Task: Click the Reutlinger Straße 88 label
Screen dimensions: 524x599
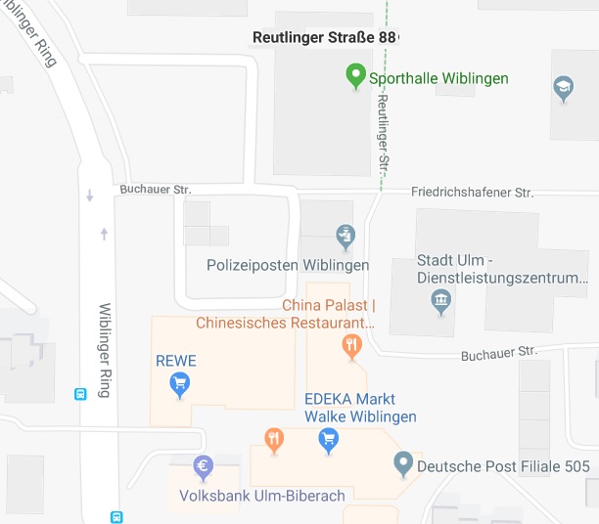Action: click(x=325, y=37)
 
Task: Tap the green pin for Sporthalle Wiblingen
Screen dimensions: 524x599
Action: click(x=356, y=76)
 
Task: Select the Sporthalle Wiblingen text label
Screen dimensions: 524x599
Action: click(x=438, y=78)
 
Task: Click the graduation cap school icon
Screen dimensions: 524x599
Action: click(x=564, y=89)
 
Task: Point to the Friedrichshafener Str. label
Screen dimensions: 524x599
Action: click(x=472, y=194)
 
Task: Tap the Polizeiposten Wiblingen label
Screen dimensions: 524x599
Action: click(x=288, y=265)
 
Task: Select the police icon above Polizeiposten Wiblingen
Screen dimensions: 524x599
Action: click(x=344, y=236)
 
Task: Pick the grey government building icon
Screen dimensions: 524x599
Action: click(x=440, y=298)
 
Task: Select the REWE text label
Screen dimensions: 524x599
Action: click(x=176, y=361)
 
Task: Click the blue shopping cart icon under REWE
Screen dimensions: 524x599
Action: click(x=179, y=385)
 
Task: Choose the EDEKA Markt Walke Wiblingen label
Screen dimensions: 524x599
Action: click(x=360, y=408)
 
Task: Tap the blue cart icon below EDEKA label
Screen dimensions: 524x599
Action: click(x=329, y=440)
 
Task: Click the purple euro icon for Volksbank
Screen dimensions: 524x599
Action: click(x=204, y=466)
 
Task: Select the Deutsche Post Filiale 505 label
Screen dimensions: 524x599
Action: click(x=503, y=466)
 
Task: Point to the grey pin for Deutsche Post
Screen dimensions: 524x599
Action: click(x=402, y=463)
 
